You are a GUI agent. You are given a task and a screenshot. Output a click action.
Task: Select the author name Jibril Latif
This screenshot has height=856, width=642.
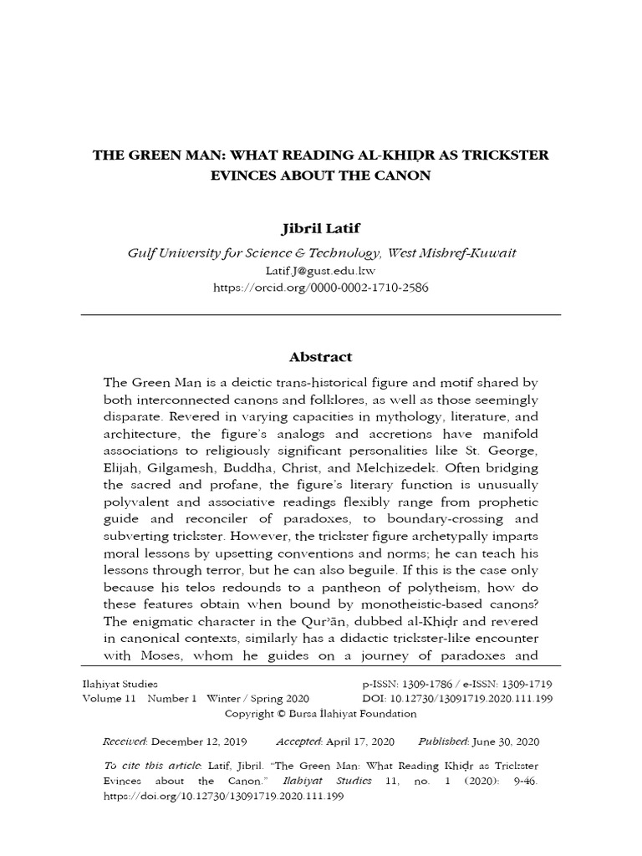[320, 229]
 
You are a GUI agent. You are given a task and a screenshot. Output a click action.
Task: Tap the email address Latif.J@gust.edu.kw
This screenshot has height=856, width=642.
[321, 270]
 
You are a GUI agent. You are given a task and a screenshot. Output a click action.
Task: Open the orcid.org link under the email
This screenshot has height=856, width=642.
[321, 286]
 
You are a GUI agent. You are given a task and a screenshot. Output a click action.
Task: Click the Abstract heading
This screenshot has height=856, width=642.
[320, 357]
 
